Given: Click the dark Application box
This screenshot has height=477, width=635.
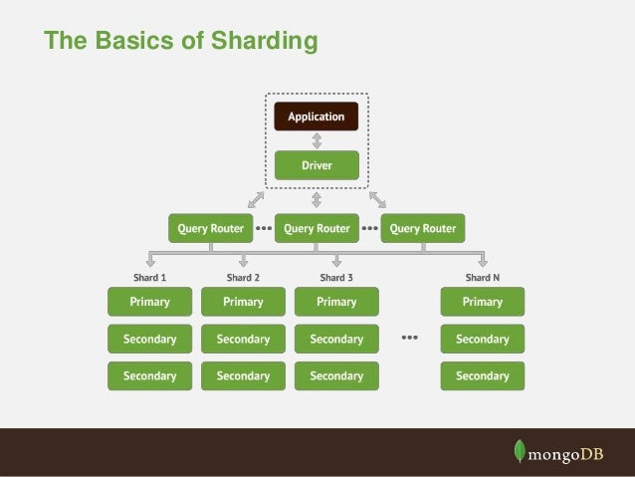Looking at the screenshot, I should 316,117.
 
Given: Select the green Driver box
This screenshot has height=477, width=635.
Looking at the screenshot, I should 316,164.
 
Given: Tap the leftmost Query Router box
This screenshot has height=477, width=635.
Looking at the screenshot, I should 210,228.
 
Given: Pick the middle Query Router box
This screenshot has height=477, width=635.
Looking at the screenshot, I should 316,228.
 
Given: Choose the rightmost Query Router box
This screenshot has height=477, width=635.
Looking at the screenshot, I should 423,228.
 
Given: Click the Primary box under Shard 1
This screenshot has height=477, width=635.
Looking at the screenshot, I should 149,302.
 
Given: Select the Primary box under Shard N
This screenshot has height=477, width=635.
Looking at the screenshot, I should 482,302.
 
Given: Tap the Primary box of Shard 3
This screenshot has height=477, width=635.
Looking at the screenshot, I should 336,302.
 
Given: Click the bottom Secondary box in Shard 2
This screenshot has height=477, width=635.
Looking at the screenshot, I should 243,376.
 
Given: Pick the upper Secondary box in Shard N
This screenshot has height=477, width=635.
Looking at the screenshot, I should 482,339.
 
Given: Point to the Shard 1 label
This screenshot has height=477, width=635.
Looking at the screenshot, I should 149,278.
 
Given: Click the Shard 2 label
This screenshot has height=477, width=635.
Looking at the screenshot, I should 243,278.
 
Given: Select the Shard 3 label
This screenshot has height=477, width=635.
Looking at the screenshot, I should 336,278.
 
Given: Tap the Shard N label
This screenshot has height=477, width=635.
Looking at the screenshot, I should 482,278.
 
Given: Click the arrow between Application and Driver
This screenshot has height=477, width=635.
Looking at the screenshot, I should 316,140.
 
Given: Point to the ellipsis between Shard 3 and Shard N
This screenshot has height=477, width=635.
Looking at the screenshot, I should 409,339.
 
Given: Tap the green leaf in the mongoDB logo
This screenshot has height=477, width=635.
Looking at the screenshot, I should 519,450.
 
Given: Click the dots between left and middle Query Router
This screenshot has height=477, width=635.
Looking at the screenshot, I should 264,228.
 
